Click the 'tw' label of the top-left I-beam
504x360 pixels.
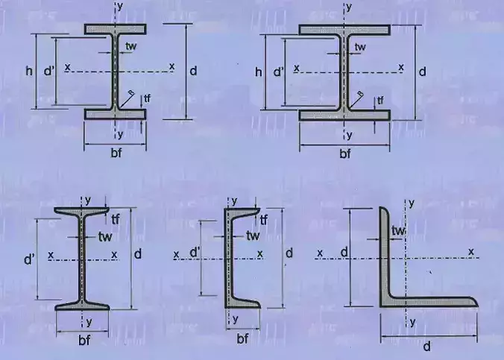tap(131, 46)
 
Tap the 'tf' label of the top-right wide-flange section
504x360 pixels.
tap(379, 99)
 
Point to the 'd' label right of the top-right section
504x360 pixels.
tap(422, 72)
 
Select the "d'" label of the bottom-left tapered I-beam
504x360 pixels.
tap(31, 261)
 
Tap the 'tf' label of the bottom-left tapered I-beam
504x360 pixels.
tap(116, 218)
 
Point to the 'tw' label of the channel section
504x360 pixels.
tap(253, 236)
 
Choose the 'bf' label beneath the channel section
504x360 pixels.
tap(242, 339)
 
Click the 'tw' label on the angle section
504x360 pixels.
tap(399, 232)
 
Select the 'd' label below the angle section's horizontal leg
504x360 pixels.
tap(429, 347)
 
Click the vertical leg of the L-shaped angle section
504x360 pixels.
tap(384, 253)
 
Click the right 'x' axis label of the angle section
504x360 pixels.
tap(471, 253)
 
